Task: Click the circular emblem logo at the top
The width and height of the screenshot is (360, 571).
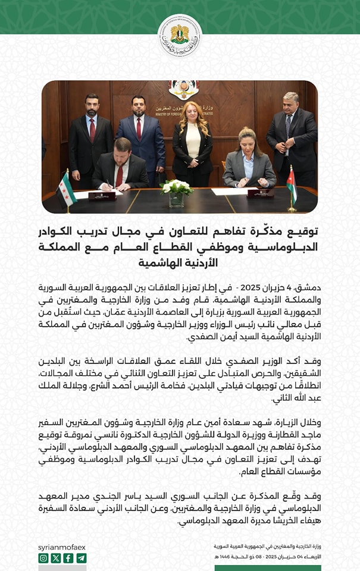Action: click(180, 35)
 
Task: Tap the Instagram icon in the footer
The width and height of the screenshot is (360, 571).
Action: click(43, 558)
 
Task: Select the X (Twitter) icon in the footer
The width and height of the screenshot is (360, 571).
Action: click(56, 558)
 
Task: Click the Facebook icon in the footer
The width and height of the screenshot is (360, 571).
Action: click(68, 558)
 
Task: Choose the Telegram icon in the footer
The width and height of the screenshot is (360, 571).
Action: click(81, 558)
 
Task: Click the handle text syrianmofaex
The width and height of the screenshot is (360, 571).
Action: click(62, 545)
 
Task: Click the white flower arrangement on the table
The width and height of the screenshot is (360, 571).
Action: click(177, 189)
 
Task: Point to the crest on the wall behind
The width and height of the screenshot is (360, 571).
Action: click(179, 89)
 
